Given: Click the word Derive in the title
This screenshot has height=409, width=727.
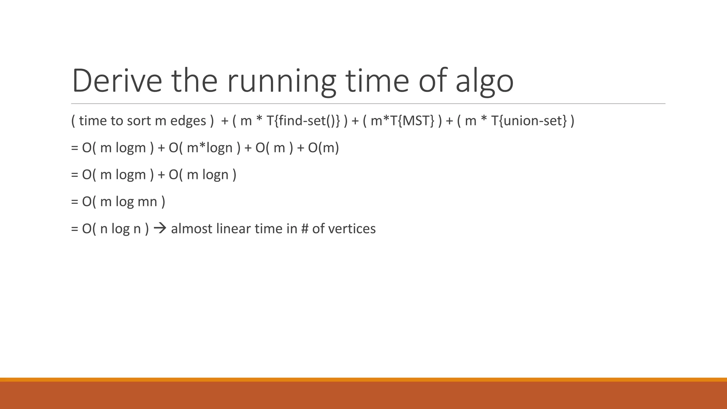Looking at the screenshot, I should point(117,81).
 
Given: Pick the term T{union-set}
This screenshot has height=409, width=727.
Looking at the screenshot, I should point(529,121).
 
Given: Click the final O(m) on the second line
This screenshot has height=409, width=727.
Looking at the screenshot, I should point(323,148).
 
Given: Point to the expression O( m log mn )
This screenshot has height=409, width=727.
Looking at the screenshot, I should point(124,202).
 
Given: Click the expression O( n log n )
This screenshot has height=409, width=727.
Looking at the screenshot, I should point(115,229).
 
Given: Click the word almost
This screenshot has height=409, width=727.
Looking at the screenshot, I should point(191,229).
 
